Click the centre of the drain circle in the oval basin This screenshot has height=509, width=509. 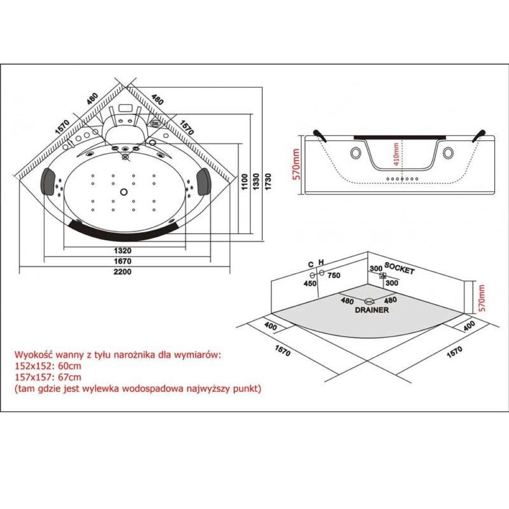124,192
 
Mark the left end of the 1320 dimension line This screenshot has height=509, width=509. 64,248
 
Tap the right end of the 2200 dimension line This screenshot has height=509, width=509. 230,267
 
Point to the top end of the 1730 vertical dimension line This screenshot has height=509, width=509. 262,87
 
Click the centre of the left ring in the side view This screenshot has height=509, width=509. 356,153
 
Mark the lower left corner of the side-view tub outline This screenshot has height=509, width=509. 305,194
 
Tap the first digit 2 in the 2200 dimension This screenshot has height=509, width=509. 116,272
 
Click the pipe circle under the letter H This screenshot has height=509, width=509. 321,273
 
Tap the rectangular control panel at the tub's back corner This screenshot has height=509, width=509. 125,107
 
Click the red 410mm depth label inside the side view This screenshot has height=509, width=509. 396,154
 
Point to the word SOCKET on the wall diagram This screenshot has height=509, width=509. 399,268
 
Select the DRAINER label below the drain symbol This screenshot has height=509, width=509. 372,310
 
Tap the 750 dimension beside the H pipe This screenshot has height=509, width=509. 334,275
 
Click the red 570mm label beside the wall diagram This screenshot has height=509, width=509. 482,298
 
